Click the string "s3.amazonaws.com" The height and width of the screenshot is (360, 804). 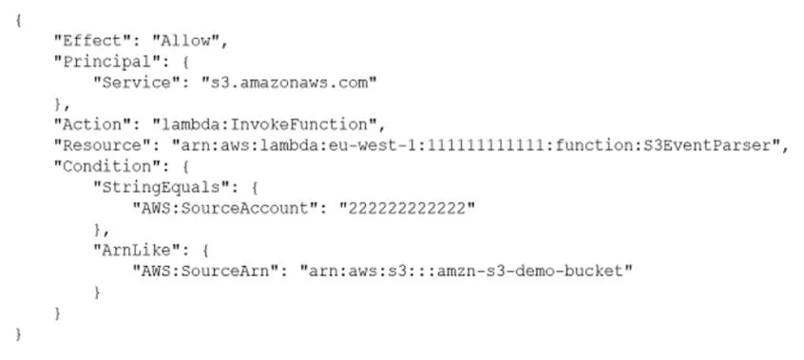pos(289,83)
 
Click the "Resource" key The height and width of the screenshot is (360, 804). pos(102,145)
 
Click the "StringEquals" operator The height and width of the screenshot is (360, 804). pos(161,187)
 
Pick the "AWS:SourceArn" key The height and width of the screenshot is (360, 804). pos(209,271)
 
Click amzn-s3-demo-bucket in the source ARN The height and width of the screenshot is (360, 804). pos(530,271)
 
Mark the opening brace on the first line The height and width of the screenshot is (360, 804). pos(18,20)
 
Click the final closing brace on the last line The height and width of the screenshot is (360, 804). pos(18,333)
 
